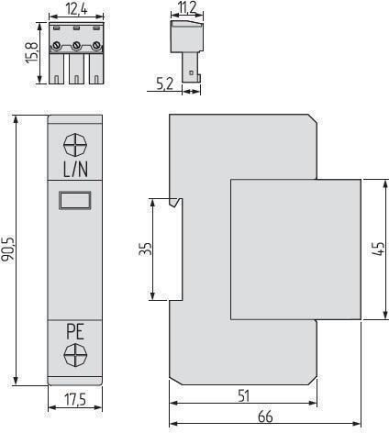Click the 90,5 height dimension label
tap(8, 249)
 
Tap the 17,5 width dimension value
tap(75, 400)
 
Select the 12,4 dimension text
tap(76, 9)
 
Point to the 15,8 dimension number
tap(31, 52)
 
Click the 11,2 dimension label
tap(186, 7)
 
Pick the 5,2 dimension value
tap(164, 83)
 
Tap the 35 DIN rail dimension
tap(145, 249)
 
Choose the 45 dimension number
tap(378, 249)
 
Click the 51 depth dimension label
tap(244, 395)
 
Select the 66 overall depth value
tap(265, 416)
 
